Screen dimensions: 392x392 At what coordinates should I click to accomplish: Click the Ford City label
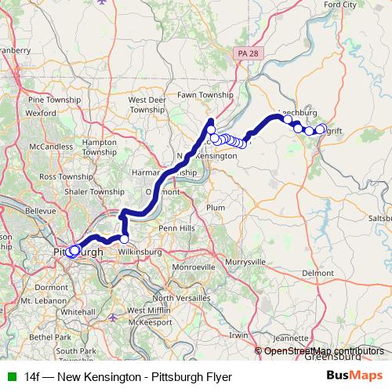339,5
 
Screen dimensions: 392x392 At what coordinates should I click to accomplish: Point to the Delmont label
318,272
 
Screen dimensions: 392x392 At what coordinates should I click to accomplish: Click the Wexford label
41,112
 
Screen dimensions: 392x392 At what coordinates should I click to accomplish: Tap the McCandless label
49,147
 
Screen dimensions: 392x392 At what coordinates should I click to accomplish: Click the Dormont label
52,288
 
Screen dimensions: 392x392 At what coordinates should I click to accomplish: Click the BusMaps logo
354,376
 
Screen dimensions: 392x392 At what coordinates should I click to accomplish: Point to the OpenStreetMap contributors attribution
323,351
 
